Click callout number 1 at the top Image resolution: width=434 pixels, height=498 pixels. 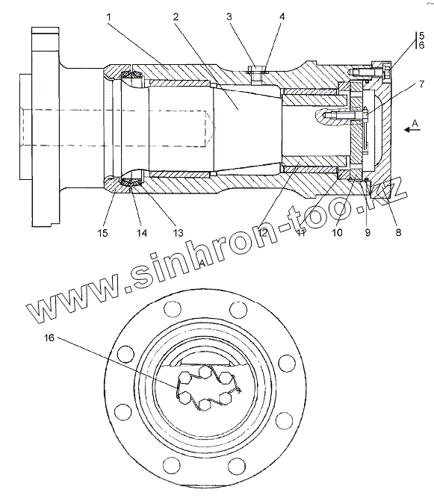click(x=108, y=16)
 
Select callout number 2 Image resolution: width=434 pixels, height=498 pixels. click(x=176, y=16)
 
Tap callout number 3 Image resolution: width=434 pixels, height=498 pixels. click(x=229, y=16)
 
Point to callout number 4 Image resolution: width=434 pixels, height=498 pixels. click(x=282, y=16)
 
